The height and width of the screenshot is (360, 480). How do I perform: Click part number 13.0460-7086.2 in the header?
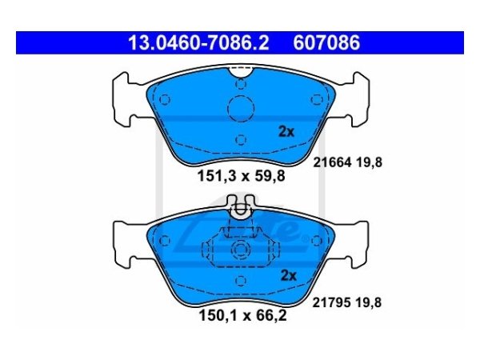(198, 43)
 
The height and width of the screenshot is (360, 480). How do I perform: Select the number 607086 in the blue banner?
(326, 43)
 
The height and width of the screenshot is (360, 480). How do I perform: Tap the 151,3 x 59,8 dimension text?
(242, 176)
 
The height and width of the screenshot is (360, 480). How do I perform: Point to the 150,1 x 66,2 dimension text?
(242, 316)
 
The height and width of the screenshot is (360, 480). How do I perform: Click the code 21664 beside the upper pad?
(332, 162)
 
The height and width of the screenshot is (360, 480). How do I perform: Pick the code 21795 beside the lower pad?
(331, 302)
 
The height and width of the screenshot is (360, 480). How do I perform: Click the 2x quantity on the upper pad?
(286, 132)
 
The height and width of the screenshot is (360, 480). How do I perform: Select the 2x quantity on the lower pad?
(288, 275)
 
